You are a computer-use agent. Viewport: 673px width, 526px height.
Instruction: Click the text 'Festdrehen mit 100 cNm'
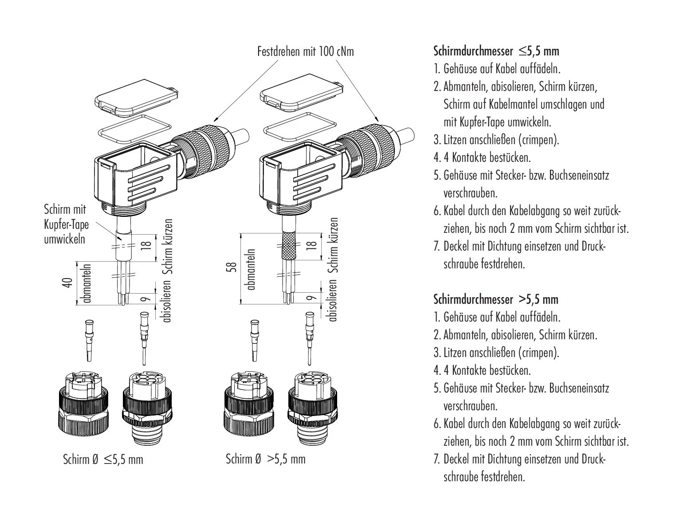click(x=306, y=52)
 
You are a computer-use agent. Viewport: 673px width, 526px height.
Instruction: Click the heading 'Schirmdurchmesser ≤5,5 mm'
click(x=496, y=51)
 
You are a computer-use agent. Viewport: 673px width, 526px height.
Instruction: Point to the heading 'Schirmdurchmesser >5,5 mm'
click(x=495, y=299)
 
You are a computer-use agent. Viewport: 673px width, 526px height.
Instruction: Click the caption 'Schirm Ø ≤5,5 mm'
click(x=103, y=459)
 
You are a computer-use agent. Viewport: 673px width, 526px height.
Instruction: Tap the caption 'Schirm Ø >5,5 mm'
click(x=265, y=459)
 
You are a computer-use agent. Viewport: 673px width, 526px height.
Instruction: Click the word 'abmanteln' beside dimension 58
click(x=252, y=269)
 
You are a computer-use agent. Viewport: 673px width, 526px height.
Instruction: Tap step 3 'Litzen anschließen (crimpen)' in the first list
click(x=496, y=140)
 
